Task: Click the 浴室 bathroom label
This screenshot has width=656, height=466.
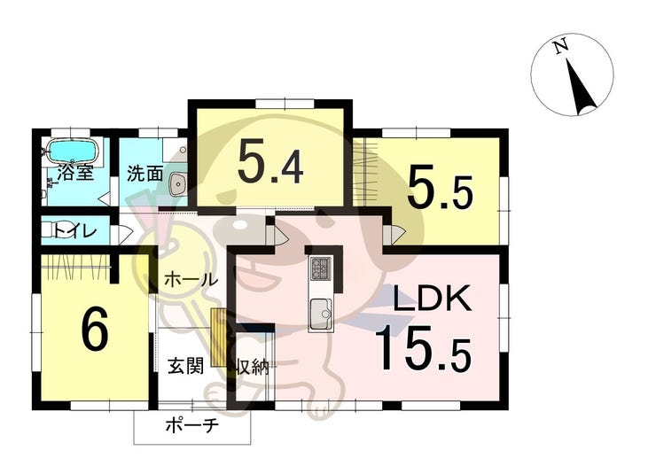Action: pos(75,172)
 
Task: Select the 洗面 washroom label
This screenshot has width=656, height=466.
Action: pos(144,173)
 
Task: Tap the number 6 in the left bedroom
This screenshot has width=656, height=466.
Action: pos(94,330)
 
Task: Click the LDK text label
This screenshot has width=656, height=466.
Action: pos(431,301)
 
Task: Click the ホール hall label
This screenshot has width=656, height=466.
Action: pos(189,279)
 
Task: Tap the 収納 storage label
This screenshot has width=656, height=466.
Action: pos(253,366)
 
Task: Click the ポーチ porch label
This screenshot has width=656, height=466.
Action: pos(191,426)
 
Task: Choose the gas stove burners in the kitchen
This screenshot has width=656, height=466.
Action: pos(320,268)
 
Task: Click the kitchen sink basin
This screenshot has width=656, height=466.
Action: pos(320,312)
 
